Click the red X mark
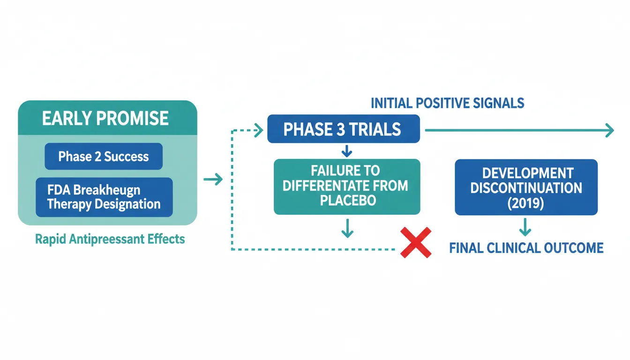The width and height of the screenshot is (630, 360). [416, 242]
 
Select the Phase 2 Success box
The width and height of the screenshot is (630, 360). [103, 157]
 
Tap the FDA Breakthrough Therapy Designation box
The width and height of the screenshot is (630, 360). [104, 197]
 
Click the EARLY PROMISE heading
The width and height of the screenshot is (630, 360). [105, 119]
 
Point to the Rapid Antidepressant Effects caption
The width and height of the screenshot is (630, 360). [110, 239]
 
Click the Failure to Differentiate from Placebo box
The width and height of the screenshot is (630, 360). [347, 187]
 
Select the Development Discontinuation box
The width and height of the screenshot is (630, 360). [526, 187]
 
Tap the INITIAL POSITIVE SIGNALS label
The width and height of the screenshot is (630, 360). [447, 103]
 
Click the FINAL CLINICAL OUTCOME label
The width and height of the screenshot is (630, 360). [526, 247]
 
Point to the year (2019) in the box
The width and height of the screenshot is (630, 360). [526, 204]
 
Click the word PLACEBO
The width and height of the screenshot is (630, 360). [347, 201]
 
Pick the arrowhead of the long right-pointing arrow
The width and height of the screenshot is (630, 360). [609, 130]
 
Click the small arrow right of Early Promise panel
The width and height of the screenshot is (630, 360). [213, 179]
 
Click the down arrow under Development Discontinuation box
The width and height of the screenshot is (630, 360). [525, 228]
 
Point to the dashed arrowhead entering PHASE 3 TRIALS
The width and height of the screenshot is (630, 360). [258, 130]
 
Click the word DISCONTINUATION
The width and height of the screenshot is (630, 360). [526, 188]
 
